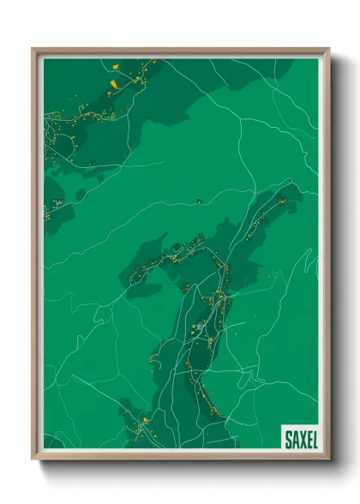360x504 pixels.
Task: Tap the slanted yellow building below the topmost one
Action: [x=112, y=83]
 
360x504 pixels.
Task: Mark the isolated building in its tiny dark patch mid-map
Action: [x=198, y=201]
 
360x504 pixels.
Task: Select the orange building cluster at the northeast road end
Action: [x=280, y=201]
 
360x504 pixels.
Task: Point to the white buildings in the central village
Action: [x=199, y=327]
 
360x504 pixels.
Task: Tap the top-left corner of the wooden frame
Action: [x=33, y=50]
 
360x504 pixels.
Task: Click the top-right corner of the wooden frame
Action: [x=327, y=50]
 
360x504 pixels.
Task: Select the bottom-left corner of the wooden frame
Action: [x=33, y=458]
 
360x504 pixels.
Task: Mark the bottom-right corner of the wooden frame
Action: [x=327, y=458]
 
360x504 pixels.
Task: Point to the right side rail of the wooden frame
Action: [x=327, y=257]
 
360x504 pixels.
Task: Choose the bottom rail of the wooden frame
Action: [x=180, y=457]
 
